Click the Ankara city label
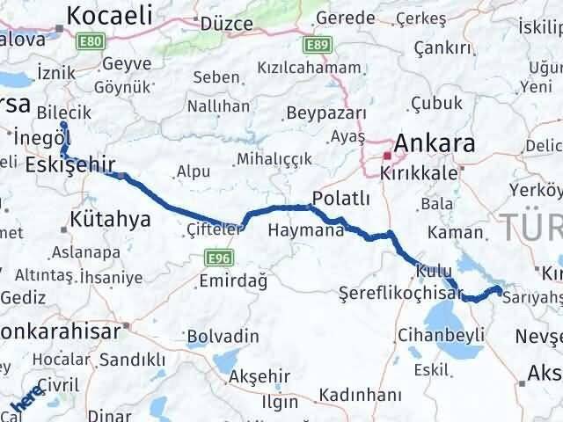point(435,143)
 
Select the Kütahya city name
point(110,219)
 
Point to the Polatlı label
point(340,198)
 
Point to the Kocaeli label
point(110,15)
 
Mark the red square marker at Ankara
point(386,155)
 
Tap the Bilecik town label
point(63,112)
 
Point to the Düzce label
point(226,25)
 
